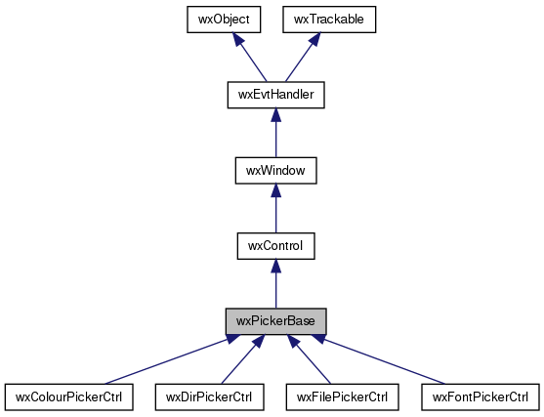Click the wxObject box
click(224, 20)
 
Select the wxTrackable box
click(329, 20)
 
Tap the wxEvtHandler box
click(276, 95)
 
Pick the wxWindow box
click(276, 170)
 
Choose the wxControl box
click(276, 246)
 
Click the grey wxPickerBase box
click(276, 321)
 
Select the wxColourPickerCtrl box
click(69, 396)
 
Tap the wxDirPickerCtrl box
click(209, 396)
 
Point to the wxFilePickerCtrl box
click(343, 396)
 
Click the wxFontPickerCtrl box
click(481, 396)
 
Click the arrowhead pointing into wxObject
click(238, 39)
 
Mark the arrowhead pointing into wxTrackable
click(314, 39)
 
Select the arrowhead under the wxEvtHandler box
click(276, 115)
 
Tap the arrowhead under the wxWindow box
click(276, 190)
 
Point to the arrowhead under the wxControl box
click(276, 266)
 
